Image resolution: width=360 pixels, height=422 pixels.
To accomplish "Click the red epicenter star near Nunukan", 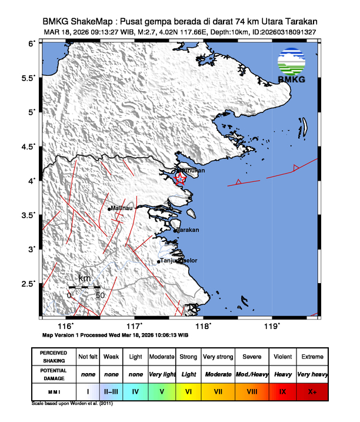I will (x=181, y=179).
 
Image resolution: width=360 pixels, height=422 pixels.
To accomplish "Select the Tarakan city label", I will (x=189, y=230).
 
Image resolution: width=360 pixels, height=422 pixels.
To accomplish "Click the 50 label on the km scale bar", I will (x=100, y=295).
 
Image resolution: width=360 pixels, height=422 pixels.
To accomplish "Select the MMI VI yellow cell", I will (x=188, y=390).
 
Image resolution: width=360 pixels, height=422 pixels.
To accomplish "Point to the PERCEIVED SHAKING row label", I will (x=54, y=357).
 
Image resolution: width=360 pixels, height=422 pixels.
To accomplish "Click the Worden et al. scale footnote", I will (x=72, y=404).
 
